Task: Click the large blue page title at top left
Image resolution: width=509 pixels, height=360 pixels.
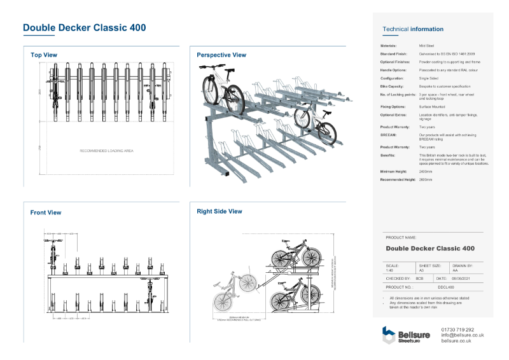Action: point(84,28)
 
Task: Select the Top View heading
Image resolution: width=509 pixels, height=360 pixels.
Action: point(44,55)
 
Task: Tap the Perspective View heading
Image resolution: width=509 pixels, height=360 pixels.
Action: point(221,55)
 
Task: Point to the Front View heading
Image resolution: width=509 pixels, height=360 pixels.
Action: point(46,212)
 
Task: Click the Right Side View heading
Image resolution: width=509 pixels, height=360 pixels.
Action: point(220,211)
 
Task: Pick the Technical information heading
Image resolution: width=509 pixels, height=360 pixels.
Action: point(413,29)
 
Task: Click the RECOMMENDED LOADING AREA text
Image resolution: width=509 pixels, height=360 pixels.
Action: point(106,151)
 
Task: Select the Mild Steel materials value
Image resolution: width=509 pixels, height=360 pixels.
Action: point(427,46)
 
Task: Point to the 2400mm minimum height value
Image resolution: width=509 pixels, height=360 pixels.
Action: point(426,172)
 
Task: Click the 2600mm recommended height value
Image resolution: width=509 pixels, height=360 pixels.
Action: point(426,180)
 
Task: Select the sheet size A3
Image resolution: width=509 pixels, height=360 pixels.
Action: point(421,270)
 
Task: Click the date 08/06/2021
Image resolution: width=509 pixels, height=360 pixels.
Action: point(461,279)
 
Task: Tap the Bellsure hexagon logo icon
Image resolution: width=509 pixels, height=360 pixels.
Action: point(389,335)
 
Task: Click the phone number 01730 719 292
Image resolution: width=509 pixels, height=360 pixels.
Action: point(457,329)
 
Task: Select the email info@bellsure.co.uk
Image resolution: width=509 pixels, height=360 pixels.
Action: point(463,335)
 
